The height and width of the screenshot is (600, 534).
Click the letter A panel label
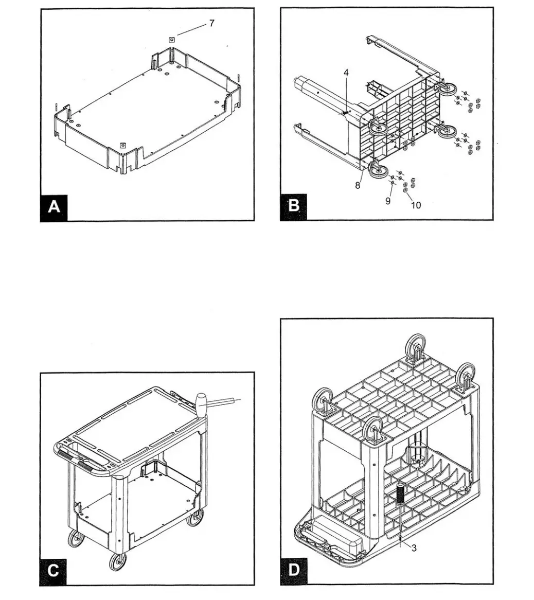[54, 207]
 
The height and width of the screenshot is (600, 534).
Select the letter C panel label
[54, 571]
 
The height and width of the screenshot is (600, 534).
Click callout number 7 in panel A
[211, 23]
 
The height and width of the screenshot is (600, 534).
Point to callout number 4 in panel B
[346, 73]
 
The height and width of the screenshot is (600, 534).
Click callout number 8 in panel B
[358, 185]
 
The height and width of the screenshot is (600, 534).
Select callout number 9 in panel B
[388, 201]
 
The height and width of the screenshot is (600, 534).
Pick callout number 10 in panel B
[416, 205]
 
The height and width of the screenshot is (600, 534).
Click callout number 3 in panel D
[414, 548]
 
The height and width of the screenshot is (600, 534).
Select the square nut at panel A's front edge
[122, 146]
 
